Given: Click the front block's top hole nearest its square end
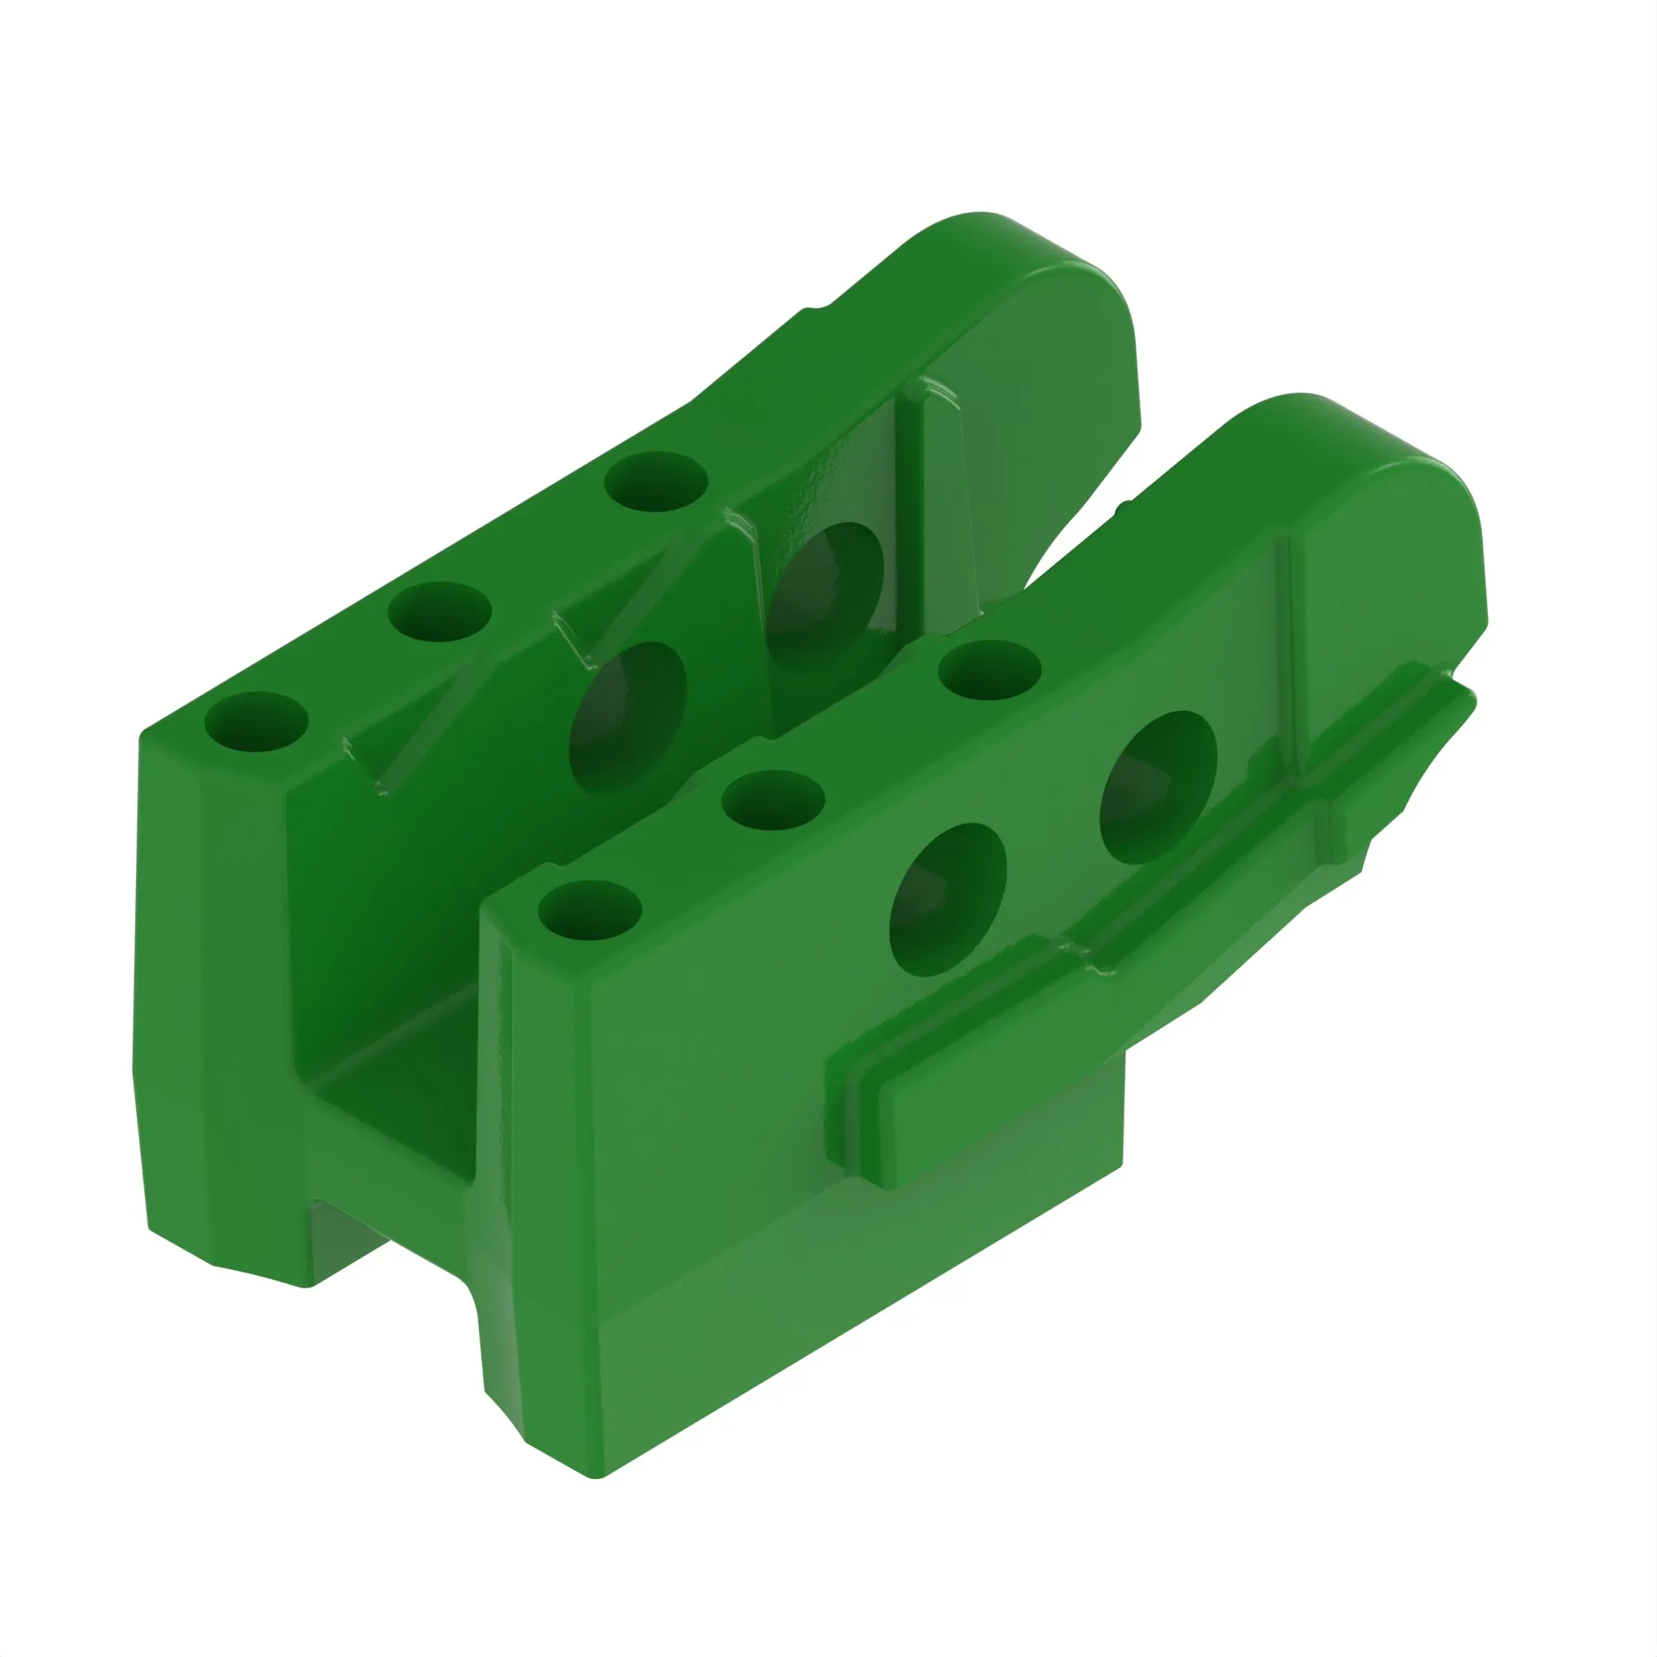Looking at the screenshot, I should (x=589, y=910).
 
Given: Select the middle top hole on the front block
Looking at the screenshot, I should (x=774, y=800).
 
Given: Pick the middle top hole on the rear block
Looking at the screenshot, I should (x=439, y=611).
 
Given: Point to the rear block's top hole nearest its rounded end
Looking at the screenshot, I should (x=655, y=482).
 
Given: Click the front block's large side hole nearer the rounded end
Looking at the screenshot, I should (x=1158, y=786).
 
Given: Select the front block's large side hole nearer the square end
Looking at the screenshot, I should (x=948, y=900).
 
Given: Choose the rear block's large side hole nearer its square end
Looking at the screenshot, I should (x=628, y=717).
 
